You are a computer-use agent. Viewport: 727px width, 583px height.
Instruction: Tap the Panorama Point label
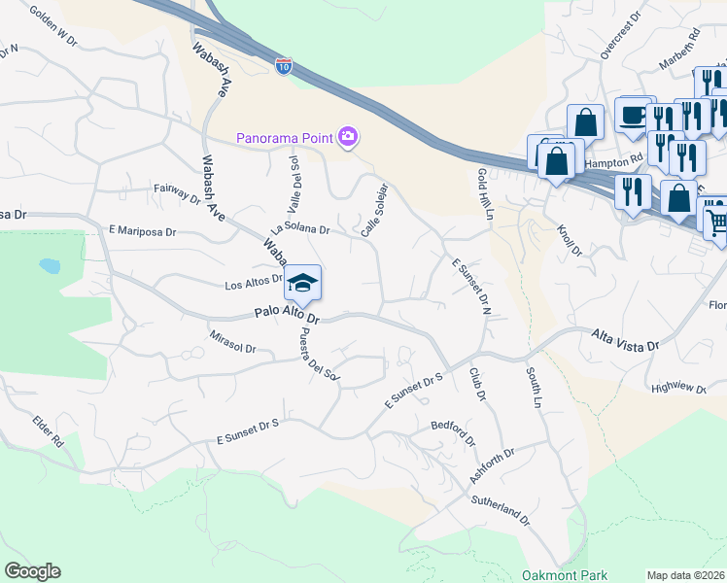tap(286, 137)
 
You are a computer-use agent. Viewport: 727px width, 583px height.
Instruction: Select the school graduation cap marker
tap(302, 283)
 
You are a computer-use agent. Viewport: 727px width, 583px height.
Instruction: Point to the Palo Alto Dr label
tap(287, 316)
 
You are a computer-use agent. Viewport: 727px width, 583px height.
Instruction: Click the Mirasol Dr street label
tap(232, 341)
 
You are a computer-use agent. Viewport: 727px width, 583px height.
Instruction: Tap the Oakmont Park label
tap(564, 575)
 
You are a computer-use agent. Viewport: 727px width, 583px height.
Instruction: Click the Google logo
tap(32, 571)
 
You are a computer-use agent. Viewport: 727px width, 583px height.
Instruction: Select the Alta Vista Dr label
tap(625, 339)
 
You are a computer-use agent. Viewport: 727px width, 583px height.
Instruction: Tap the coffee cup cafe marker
tap(634, 115)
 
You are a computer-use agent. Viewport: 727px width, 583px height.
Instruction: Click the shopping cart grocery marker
tap(715, 220)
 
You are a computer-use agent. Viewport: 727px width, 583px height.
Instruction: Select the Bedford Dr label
tap(454, 433)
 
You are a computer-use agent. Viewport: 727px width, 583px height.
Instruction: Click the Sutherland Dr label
tap(501, 511)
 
